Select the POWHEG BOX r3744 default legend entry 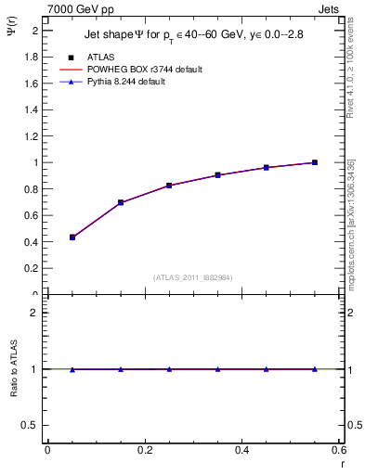pos(144,70)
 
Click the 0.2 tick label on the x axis pos(145,451)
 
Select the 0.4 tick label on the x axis pos(242,451)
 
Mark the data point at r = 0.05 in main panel pos(72,237)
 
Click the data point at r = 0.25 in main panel pos(169,186)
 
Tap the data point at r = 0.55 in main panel pos(315,162)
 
